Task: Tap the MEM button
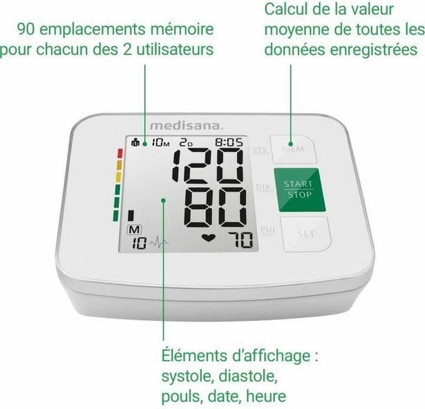293,149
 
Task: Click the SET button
306,234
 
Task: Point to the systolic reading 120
207,165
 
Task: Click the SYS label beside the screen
260,150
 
